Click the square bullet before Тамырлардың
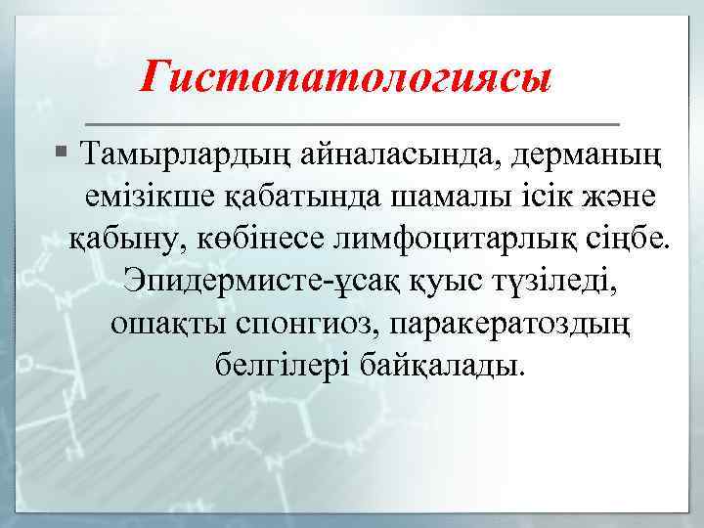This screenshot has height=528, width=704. coord(62,153)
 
